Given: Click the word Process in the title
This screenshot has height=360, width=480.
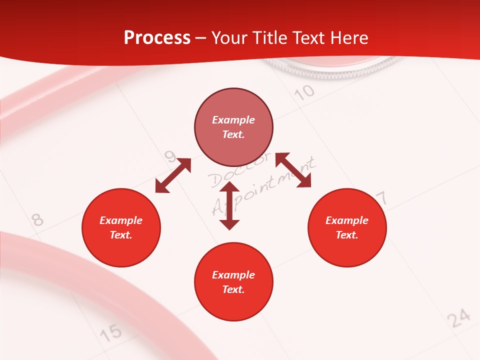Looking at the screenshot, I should (x=157, y=38).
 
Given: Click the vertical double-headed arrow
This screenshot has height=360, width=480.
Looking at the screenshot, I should (x=229, y=205).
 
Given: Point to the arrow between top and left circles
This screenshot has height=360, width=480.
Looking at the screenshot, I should (x=173, y=175).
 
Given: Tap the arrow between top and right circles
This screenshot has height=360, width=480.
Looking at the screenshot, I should (x=293, y=170).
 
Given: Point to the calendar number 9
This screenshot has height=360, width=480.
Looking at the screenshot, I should (x=170, y=158).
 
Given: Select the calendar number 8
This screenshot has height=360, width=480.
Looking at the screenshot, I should (x=37, y=219).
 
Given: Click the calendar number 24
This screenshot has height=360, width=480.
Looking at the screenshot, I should (x=458, y=318).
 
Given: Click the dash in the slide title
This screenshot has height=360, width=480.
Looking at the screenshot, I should (x=201, y=38).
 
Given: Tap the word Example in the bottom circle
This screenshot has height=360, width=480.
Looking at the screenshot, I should (x=233, y=275).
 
